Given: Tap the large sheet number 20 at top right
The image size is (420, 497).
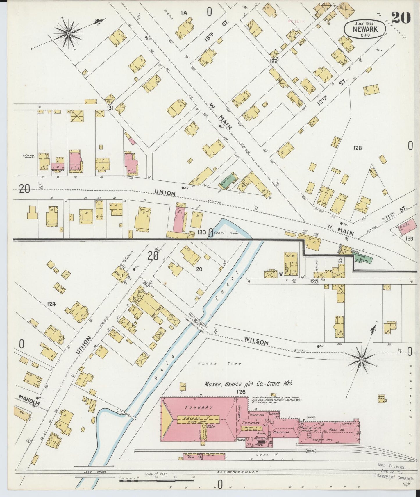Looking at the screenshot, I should click(x=401, y=18).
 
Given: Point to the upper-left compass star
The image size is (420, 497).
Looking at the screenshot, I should click(x=69, y=34).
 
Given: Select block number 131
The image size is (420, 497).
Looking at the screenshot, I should click(x=110, y=108).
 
